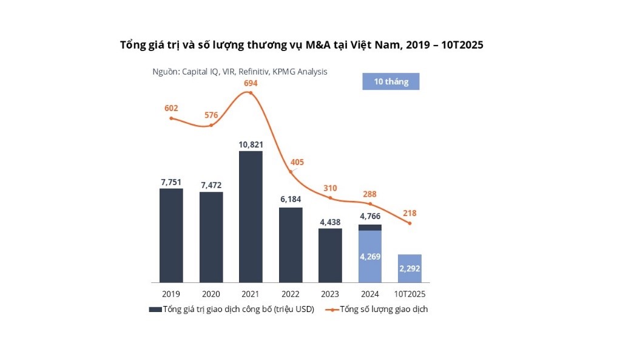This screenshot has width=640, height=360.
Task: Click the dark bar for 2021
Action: pos(251,217)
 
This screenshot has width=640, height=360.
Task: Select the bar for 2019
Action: pos(171,235)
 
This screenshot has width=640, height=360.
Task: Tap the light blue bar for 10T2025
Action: pos(409,268)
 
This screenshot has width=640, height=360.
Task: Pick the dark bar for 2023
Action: pos(330,255)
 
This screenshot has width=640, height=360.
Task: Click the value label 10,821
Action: pos(251,144)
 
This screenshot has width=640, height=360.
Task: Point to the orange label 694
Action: pos(251,83)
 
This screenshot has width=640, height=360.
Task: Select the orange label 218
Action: pos(409,213)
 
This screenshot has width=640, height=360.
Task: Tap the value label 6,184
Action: pos(291,199)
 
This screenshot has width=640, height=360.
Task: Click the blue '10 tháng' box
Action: pos(391,81)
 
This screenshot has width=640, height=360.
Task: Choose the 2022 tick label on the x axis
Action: pos(291,294)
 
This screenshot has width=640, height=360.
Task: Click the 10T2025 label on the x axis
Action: pos(409,294)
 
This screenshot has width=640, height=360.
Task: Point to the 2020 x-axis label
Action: pos(211,294)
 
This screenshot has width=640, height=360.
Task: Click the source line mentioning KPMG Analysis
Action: pos(240,72)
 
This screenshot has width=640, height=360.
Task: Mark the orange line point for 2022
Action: pos(291,172)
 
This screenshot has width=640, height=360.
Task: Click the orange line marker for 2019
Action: pos(171,118)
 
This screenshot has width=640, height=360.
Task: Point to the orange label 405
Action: pos(297,162)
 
